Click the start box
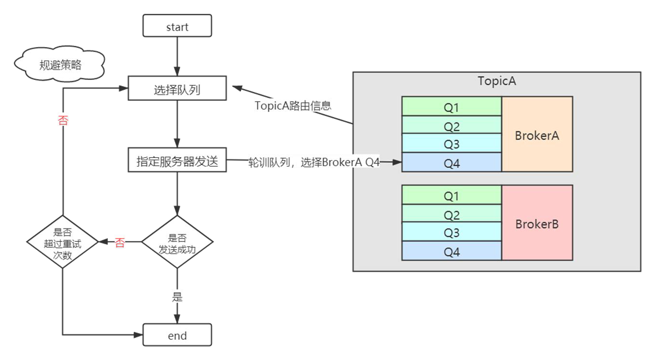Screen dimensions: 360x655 point(177,27)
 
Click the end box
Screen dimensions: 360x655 point(177,335)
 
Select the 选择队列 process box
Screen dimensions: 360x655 point(177,89)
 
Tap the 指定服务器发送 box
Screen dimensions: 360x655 point(177,161)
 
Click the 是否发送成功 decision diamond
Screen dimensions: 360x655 point(177,242)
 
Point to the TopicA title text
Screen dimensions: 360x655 point(496,81)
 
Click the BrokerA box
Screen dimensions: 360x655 point(537,135)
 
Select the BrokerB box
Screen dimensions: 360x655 point(537,224)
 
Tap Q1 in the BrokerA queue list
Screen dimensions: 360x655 point(452,107)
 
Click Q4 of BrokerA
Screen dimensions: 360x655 point(452,163)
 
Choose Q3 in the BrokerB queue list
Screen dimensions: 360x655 point(452,233)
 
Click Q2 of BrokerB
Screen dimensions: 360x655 point(452,214)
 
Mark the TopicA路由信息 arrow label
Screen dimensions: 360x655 point(293,106)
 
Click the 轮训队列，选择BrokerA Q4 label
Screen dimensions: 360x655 point(314,162)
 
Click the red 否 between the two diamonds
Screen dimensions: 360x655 point(120,242)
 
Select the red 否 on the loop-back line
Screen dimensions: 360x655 point(63,120)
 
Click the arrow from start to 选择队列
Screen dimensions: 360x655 point(177,55)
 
